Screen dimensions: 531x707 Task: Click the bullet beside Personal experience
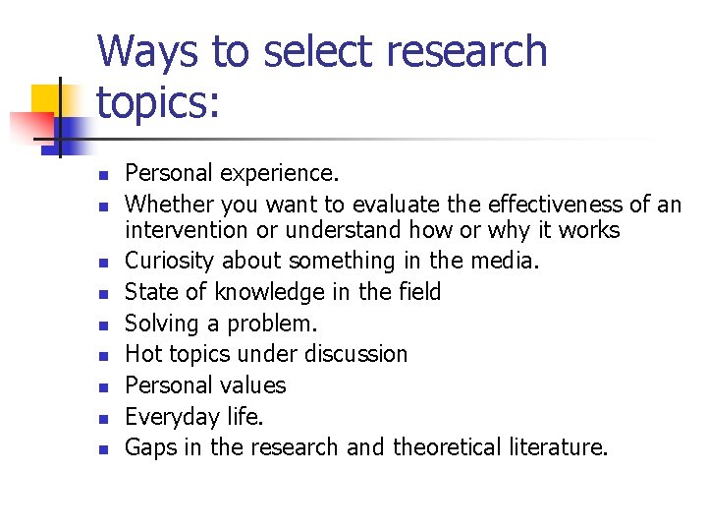(100, 176)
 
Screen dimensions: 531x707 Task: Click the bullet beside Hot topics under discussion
(100, 356)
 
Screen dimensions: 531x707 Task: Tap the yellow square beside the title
(46, 98)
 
